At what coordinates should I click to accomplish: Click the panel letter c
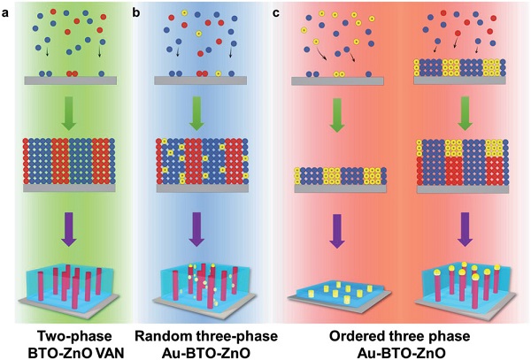click(x=278, y=12)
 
